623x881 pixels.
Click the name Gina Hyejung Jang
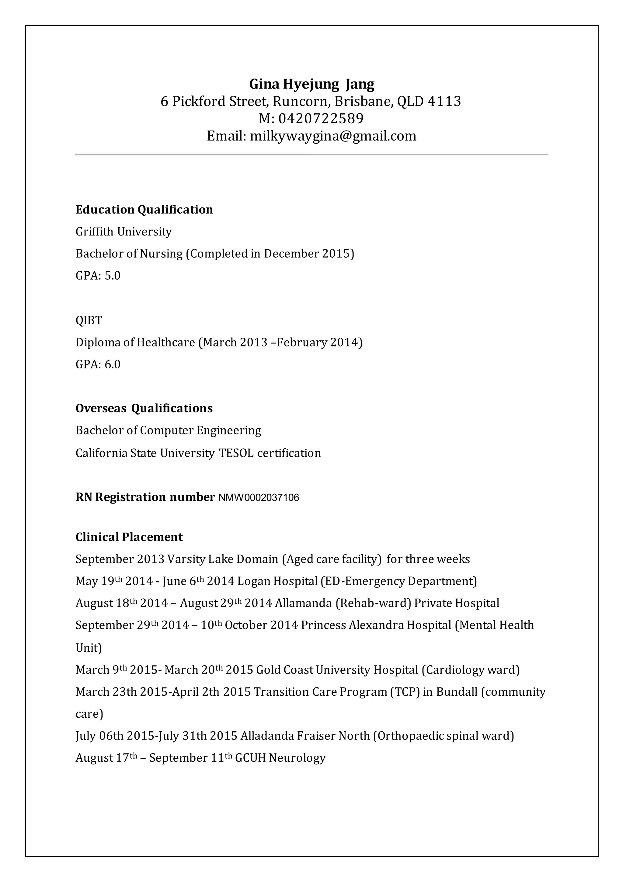[311, 84]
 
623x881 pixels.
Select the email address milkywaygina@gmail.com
[333, 136]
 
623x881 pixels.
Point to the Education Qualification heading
[144, 210]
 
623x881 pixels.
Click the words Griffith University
[124, 232]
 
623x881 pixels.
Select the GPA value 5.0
[112, 276]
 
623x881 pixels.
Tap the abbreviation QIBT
[89, 320]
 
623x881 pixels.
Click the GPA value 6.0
[112, 364]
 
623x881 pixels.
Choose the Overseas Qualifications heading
[144, 408]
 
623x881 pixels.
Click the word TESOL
[236, 453]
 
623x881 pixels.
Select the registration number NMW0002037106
[259, 498]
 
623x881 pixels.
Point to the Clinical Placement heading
[129, 537]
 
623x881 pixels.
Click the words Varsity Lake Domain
[222, 559]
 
